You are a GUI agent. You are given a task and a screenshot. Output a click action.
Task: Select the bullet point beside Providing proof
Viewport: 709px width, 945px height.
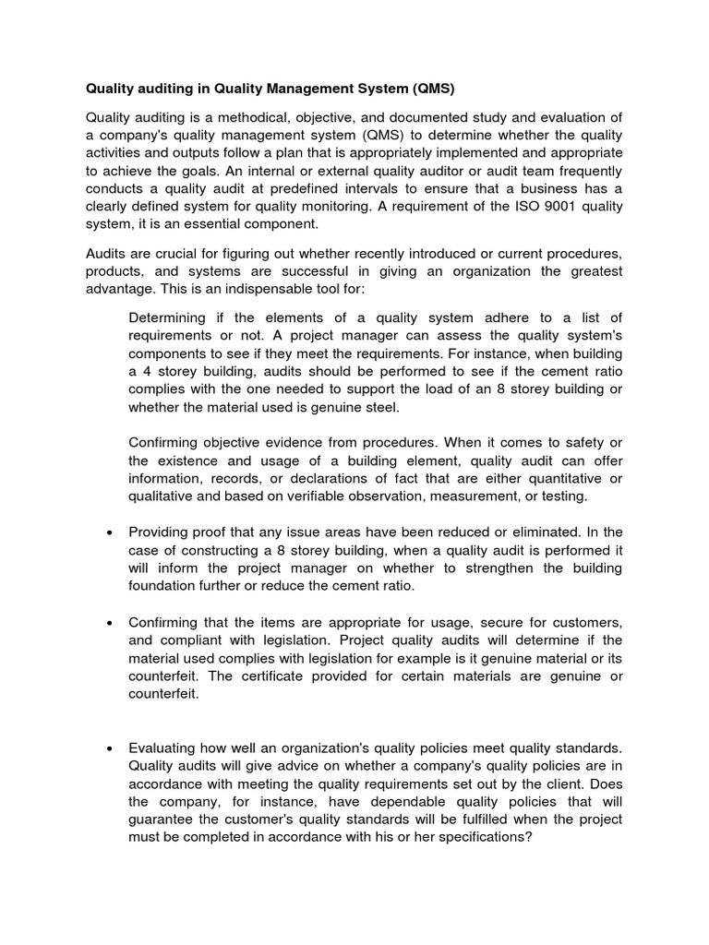pos(111,533)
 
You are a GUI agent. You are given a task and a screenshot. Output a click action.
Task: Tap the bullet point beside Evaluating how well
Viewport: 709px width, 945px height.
pos(111,748)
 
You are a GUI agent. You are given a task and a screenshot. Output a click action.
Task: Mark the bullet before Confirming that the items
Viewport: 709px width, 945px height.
pos(111,623)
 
